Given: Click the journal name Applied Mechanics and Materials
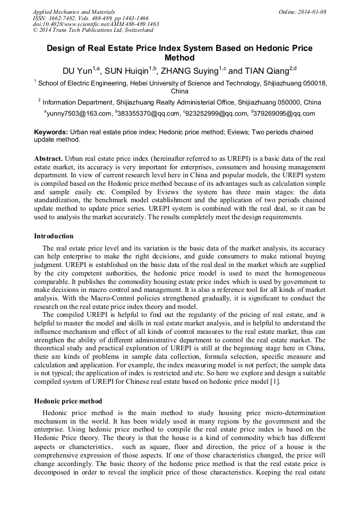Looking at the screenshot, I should click(x=73, y=12).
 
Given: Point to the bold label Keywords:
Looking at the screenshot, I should click(x=51, y=132).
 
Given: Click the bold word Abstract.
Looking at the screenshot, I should click(x=48, y=159).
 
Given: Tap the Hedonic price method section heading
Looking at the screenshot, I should click(x=68, y=401).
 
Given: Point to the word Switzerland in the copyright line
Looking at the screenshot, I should click(x=137, y=31).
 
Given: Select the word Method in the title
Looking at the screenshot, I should click(x=180, y=58).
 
